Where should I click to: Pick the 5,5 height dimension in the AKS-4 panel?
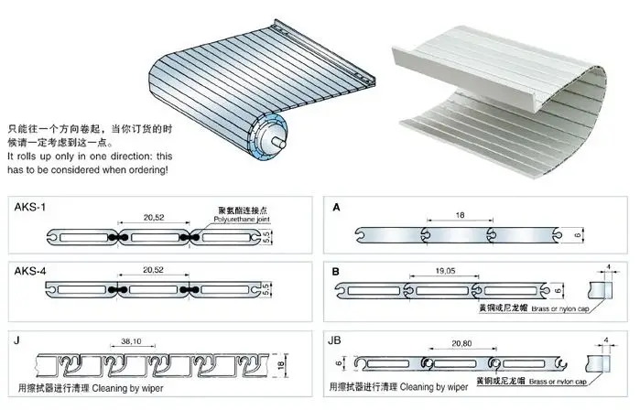[x=266, y=290]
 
